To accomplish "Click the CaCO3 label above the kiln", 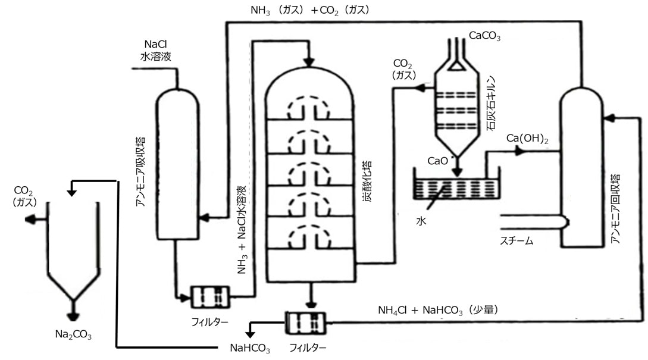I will tap(484, 37).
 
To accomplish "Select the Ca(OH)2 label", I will tap(527, 138).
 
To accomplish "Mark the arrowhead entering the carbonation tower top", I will tap(308, 61).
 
